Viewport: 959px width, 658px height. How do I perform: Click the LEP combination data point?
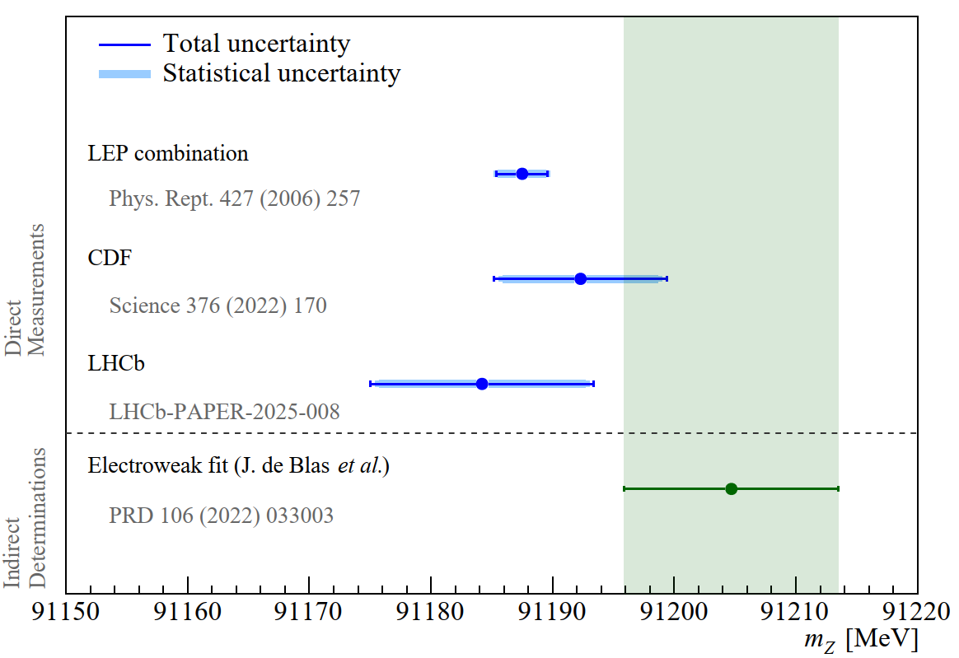(x=522, y=173)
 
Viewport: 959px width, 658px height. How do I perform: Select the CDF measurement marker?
(x=580, y=278)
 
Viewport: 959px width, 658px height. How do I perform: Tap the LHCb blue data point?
(x=482, y=384)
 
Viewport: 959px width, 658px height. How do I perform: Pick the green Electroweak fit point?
(x=731, y=488)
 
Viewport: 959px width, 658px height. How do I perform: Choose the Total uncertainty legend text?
(x=256, y=44)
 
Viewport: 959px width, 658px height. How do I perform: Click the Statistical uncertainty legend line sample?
(x=124, y=74)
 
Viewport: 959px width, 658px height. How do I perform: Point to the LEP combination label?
(x=168, y=153)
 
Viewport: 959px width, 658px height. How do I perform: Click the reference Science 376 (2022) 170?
(x=218, y=306)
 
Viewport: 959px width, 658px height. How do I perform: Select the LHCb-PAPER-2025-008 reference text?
(x=224, y=411)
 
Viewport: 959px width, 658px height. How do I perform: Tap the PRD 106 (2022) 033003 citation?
(x=221, y=516)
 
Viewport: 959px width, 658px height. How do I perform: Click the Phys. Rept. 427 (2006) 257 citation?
(x=235, y=199)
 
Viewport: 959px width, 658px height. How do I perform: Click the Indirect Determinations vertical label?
(x=26, y=517)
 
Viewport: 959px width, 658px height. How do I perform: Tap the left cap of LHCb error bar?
(x=371, y=384)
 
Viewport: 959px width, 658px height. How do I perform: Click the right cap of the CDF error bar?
(x=667, y=278)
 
